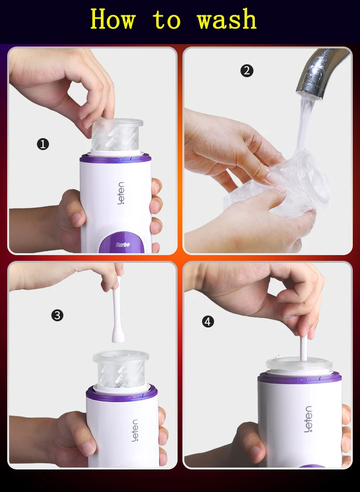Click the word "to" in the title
pyautogui.click(x=167, y=20)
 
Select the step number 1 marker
pyautogui.click(x=43, y=144)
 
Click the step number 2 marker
pyautogui.click(x=247, y=70)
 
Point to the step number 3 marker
pyautogui.click(x=57, y=315)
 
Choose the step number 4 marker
pyautogui.click(x=208, y=322)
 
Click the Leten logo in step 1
pyautogui.click(x=121, y=193)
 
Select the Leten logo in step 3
pyautogui.click(x=134, y=431)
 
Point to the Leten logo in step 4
pyautogui.click(x=308, y=419)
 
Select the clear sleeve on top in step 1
pyautogui.click(x=118, y=135)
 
